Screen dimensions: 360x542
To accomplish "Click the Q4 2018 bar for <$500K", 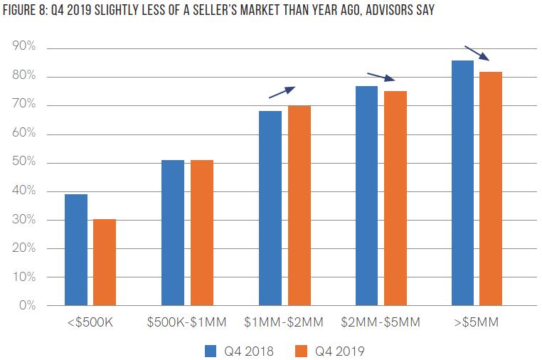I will click(76, 250).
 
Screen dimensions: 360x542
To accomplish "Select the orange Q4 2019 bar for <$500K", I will click(105, 263).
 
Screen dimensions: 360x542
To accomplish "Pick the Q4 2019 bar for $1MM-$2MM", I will click(299, 206).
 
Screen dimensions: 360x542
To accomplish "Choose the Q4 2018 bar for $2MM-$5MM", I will click(366, 196).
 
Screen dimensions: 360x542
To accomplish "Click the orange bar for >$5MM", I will click(491, 189).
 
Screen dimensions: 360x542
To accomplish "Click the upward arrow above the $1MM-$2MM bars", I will click(281, 92).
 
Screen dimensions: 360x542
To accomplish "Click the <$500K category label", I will click(90, 323).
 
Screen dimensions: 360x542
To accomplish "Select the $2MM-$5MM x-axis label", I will click(381, 323).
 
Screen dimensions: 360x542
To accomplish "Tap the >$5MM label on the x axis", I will click(477, 323).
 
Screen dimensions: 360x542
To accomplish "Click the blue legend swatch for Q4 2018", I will click(210, 350).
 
